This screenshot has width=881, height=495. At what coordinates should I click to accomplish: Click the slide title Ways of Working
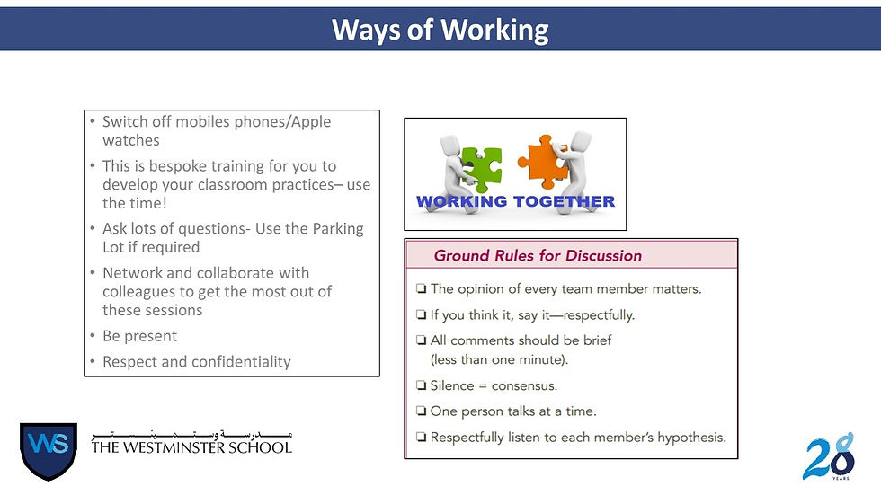[x=440, y=30]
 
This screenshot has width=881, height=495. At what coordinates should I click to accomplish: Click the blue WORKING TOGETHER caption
[x=515, y=201]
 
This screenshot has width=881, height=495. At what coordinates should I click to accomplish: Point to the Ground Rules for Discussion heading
[x=538, y=255]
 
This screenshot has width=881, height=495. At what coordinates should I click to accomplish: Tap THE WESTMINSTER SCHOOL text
[x=191, y=446]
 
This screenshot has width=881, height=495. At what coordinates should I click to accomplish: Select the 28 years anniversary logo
[x=829, y=456]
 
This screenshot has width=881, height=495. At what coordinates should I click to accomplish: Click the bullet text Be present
[x=139, y=336]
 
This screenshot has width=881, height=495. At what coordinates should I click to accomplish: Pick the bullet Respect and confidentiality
[x=196, y=362]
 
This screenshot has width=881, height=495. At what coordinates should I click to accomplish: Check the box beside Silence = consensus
[x=422, y=386]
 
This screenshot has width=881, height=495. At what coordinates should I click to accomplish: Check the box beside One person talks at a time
[x=422, y=411]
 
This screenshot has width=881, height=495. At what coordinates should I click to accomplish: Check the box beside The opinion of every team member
[x=422, y=289]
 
